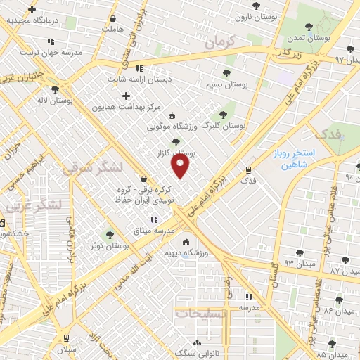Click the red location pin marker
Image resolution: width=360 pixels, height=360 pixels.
click(181, 166)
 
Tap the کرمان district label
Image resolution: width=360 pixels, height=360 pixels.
click(219, 43)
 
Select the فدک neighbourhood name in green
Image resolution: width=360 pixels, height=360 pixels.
click(328, 134)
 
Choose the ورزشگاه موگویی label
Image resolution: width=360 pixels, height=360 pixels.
click(169, 127)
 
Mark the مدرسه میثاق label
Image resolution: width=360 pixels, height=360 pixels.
click(153, 231)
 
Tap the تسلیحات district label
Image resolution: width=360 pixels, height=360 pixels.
click(202, 313)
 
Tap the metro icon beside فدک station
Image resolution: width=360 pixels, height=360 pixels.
click(247, 169)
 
